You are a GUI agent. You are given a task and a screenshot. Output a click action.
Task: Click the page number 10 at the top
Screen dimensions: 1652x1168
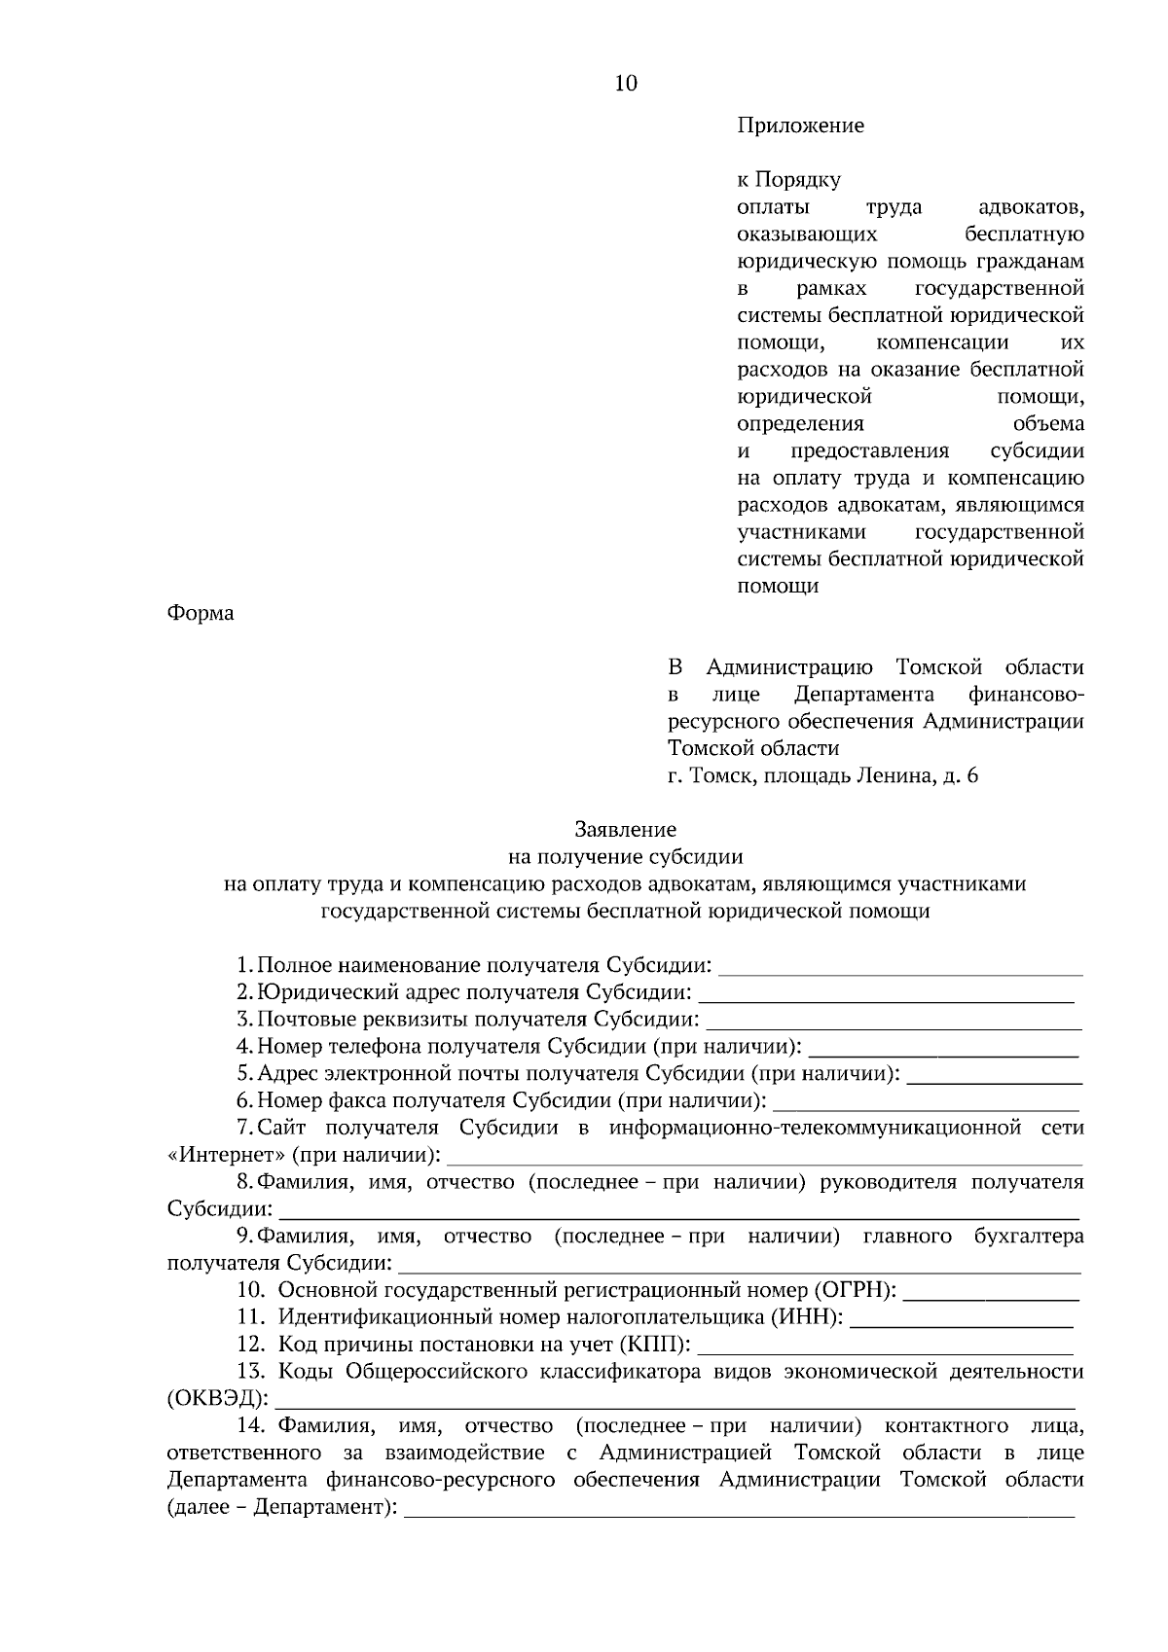click(x=625, y=84)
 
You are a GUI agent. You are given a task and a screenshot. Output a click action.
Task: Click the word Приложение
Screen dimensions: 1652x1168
click(x=800, y=126)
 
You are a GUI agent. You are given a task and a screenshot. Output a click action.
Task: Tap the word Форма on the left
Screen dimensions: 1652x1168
click(x=201, y=614)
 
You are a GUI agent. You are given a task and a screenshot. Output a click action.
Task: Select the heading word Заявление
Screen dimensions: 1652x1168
click(x=625, y=830)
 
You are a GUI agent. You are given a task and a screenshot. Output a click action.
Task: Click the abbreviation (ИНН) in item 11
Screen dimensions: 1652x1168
click(x=806, y=1317)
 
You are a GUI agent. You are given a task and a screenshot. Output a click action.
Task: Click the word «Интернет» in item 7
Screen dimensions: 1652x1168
click(x=226, y=1156)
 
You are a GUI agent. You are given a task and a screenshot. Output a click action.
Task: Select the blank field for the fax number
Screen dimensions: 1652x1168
click(x=925, y=1104)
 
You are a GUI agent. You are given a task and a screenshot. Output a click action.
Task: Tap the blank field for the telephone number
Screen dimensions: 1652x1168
click(x=944, y=1050)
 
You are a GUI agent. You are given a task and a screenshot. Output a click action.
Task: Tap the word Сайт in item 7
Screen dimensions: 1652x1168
click(x=285, y=1128)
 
